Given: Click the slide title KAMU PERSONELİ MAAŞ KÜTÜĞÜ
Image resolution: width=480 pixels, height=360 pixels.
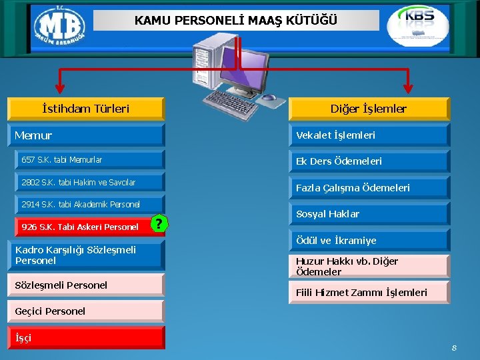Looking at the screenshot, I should (236, 21).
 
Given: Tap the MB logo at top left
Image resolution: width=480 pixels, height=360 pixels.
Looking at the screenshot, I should (59, 28).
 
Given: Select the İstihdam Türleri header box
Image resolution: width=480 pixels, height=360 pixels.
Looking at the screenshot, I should (85, 109).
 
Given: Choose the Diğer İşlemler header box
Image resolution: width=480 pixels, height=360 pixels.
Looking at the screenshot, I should (369, 109).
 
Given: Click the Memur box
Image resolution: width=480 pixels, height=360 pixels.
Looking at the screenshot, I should (85, 135).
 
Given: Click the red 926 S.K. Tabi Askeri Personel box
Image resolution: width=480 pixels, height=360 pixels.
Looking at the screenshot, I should (81, 227).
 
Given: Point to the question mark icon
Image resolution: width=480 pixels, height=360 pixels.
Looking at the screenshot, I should (158, 224).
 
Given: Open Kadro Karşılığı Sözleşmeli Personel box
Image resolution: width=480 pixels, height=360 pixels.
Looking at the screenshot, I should (85, 255).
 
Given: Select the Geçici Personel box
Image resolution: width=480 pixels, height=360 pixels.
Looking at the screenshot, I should (85, 311).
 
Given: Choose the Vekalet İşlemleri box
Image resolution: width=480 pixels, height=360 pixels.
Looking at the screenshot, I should (369, 135).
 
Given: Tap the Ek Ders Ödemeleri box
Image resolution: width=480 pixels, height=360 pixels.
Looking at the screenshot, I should (369, 161).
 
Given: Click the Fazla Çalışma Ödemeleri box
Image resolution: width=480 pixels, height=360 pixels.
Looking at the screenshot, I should (369, 188).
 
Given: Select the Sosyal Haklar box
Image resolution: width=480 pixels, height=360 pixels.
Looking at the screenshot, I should (369, 214).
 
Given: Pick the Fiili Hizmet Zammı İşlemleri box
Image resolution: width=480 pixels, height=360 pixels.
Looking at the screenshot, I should (369, 293).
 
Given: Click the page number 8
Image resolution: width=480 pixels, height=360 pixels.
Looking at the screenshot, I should (454, 348).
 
